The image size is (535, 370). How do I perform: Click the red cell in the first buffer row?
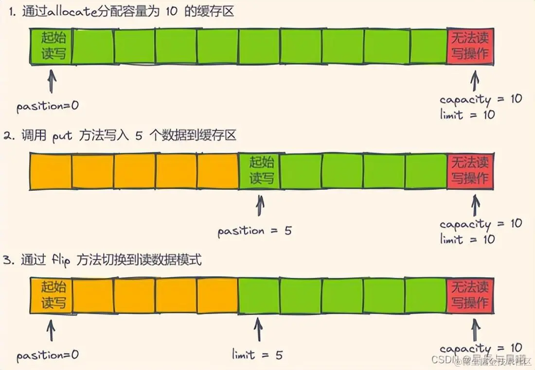click(470, 47)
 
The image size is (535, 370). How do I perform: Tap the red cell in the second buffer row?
click(470, 171)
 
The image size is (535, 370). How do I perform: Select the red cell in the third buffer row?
click(470, 295)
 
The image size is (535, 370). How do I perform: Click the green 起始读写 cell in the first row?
click(51, 47)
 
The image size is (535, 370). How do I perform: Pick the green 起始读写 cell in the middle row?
click(260, 171)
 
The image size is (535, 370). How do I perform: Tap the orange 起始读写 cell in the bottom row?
click(51, 295)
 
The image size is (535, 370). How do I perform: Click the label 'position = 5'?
click(254, 231)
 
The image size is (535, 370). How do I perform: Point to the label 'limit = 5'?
click(257, 355)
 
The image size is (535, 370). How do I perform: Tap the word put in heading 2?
click(63, 135)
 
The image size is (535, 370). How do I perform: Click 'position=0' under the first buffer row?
click(47, 106)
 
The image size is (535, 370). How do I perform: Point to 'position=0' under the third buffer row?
click(47, 355)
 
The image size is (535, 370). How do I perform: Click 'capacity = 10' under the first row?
click(481, 100)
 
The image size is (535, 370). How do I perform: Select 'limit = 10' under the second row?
click(467, 239)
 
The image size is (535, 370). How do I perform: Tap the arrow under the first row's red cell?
click(475, 81)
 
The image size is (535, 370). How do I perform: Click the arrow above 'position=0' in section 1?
click(52, 82)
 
